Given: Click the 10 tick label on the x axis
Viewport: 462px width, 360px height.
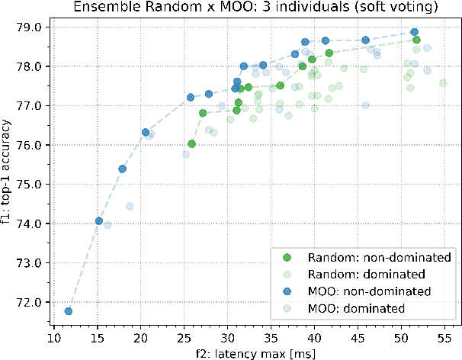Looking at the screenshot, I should tap(53, 337).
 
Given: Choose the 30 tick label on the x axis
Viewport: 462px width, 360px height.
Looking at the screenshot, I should tap(227, 337).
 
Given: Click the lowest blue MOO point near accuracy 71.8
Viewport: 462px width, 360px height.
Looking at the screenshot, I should tap(69, 311).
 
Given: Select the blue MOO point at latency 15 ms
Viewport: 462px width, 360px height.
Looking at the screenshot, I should tap(98, 220).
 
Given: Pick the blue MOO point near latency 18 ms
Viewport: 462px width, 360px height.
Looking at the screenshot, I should tap(122, 169).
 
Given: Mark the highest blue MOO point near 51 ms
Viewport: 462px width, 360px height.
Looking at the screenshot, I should tap(415, 32).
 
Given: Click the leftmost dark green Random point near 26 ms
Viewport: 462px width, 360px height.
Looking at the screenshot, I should tap(191, 143).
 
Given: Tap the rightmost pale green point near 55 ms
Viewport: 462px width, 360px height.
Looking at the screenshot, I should tap(443, 82).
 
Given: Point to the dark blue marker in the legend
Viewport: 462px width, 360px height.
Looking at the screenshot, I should tap(287, 291).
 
